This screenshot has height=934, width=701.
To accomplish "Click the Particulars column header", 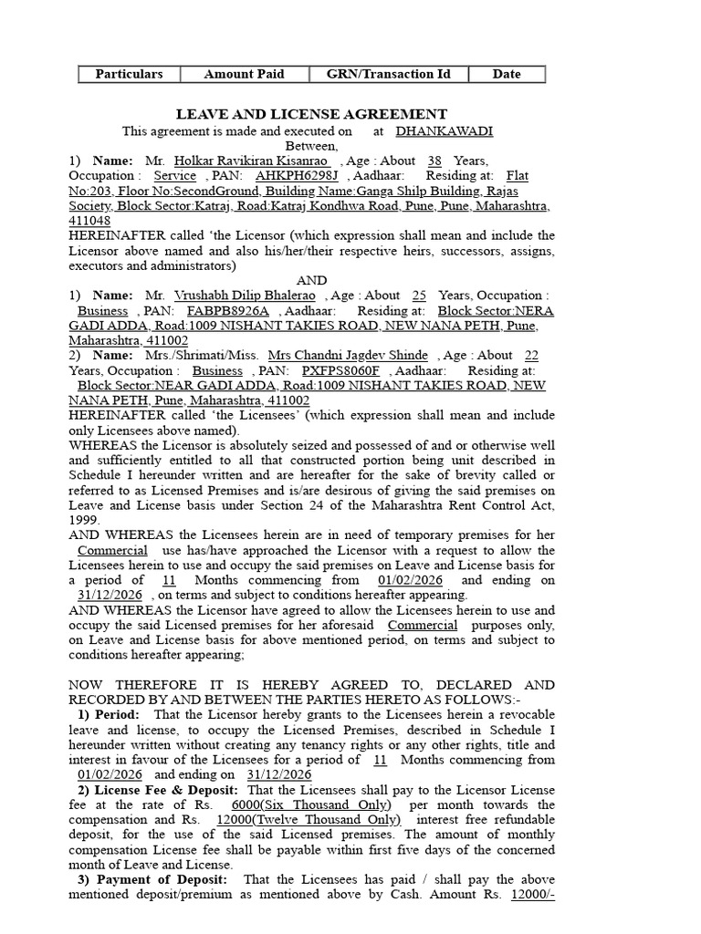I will (129, 74).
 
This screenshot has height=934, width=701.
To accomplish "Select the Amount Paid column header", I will (244, 74).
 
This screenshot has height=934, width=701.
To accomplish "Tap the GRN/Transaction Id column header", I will (389, 74).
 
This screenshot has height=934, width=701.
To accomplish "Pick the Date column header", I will (507, 74).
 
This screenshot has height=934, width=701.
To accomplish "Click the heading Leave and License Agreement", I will (311, 114).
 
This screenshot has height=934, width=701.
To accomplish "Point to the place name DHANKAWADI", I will (445, 130).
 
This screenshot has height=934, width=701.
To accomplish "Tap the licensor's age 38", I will (434, 161).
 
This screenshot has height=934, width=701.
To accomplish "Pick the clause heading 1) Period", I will (109, 714).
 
